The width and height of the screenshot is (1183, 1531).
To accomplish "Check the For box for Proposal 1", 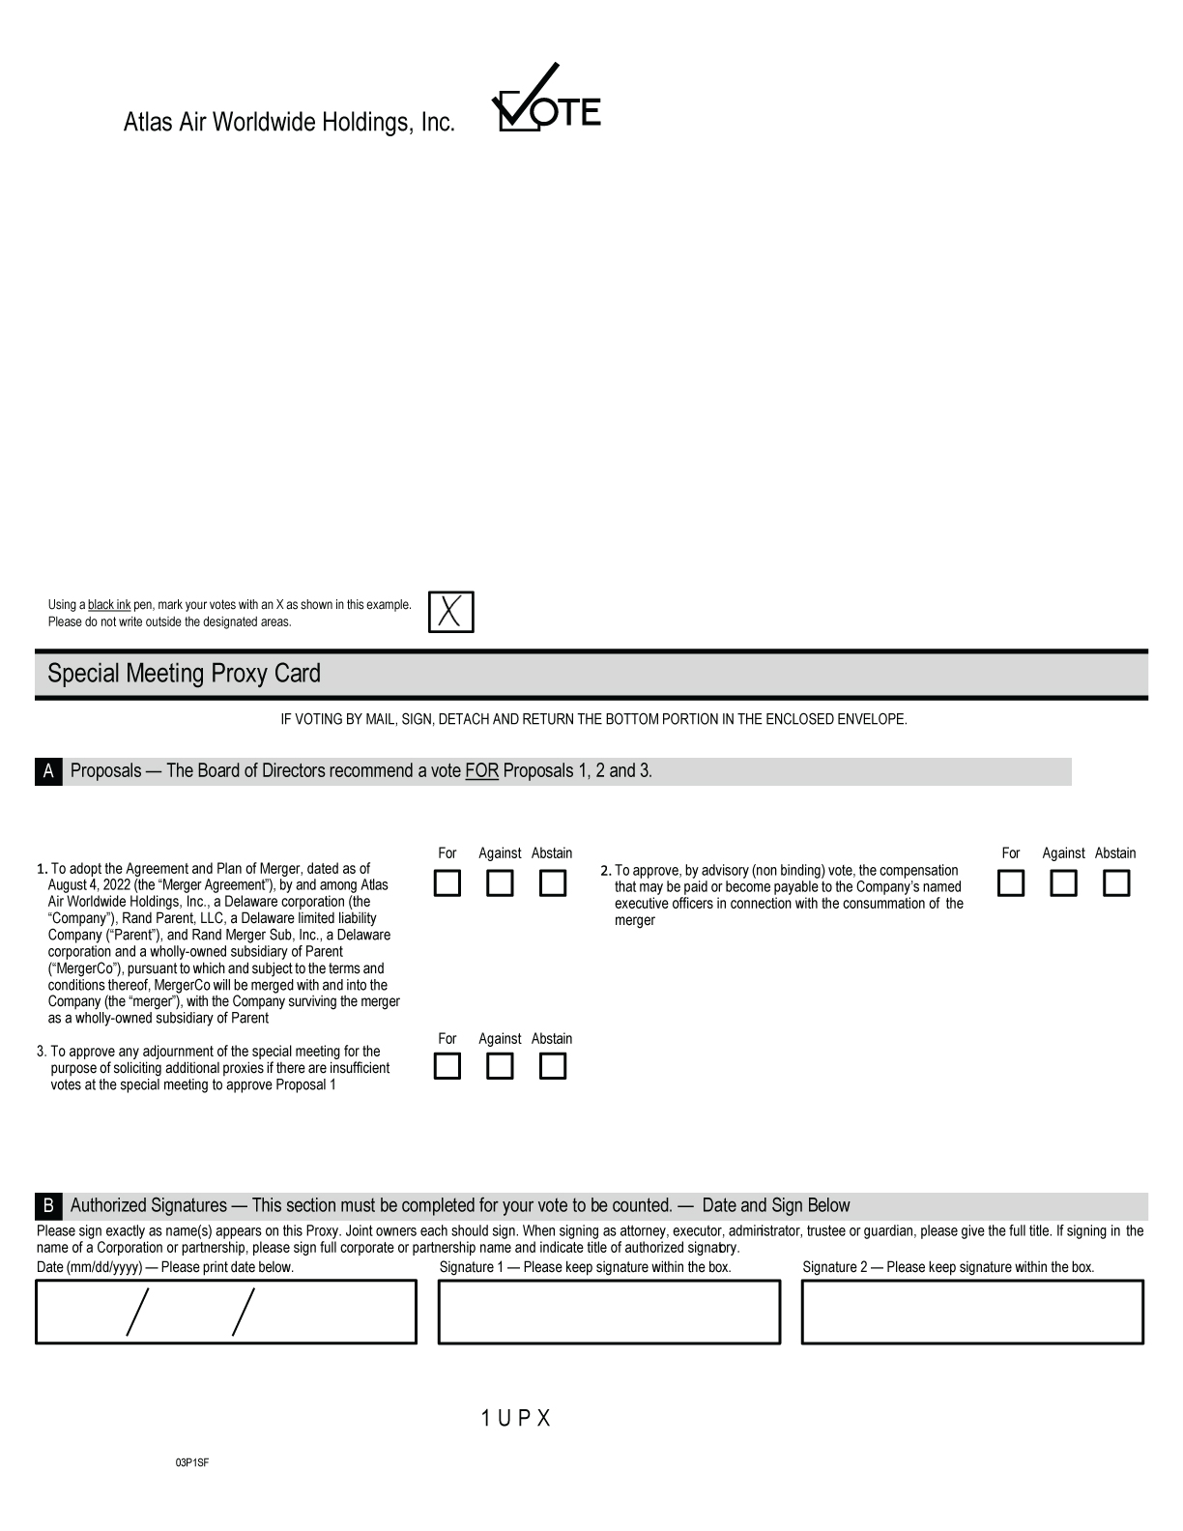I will click(447, 883).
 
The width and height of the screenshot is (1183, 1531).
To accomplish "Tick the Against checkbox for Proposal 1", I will click(500, 883).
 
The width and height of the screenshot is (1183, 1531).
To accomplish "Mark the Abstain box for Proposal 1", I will click(552, 883).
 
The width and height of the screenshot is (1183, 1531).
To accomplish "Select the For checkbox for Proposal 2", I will click(1010, 883).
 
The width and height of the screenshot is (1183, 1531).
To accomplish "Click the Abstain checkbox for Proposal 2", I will click(1115, 883).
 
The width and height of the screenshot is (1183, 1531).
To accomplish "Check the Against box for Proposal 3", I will click(500, 1066).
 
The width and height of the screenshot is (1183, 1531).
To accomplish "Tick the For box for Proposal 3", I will click(447, 1066).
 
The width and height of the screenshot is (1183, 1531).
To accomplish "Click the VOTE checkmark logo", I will click(546, 100).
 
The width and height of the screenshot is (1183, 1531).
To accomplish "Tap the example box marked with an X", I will click(450, 612).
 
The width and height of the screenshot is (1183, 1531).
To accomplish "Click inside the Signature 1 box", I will click(609, 1312).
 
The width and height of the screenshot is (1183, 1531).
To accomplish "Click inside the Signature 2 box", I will click(972, 1312).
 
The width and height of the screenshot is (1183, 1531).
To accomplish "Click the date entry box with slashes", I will click(226, 1312).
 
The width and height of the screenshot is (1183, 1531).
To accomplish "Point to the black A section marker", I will click(48, 771).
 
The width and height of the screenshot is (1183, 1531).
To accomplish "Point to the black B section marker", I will click(48, 1205).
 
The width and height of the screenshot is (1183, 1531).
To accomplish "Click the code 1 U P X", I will click(515, 1418).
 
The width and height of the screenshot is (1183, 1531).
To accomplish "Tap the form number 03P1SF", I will click(191, 1462).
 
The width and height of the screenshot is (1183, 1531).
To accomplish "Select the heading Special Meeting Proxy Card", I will click(184, 674).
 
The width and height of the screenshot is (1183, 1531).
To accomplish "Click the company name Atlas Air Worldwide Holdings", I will click(289, 123).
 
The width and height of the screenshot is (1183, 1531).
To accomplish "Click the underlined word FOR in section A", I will click(481, 771).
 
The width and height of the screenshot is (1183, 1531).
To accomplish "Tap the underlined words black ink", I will click(109, 605).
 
